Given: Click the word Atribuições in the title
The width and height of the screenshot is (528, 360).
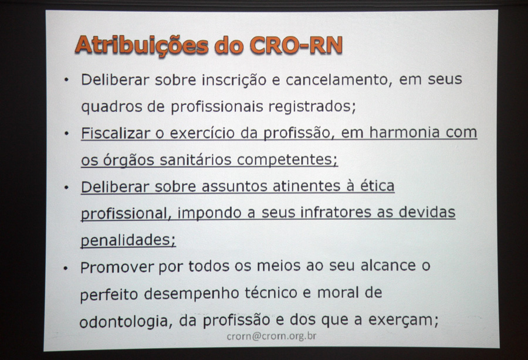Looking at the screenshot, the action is click(x=142, y=45).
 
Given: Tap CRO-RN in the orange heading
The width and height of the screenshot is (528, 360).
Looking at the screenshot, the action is click(x=296, y=45).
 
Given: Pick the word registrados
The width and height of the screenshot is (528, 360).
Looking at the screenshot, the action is click(x=312, y=107).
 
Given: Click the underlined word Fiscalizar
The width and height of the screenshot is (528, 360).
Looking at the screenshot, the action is click(x=116, y=133).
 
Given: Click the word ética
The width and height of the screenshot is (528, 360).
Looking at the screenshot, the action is click(x=377, y=185).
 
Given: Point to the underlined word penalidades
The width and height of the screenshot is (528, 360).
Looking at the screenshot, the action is click(x=128, y=240).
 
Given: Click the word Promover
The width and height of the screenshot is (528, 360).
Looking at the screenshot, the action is click(x=117, y=267).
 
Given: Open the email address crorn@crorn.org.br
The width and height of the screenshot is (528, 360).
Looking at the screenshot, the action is click(x=272, y=336).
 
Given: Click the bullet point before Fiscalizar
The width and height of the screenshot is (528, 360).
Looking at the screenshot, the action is click(x=66, y=134).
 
